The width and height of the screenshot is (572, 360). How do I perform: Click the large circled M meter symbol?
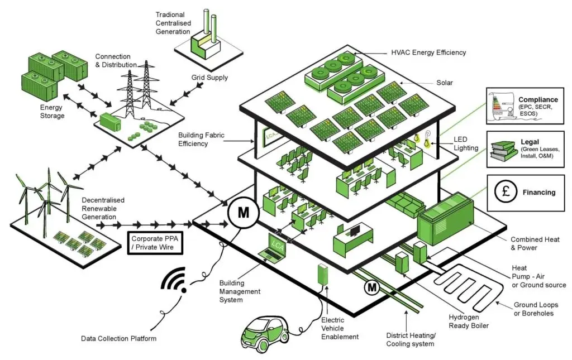pyautogui.click(x=242, y=213)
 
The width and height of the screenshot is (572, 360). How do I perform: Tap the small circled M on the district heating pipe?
pyautogui.click(x=372, y=288)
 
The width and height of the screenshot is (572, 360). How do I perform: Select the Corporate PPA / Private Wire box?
pyautogui.click(x=155, y=242)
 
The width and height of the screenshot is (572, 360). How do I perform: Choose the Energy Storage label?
pyautogui.click(x=52, y=112)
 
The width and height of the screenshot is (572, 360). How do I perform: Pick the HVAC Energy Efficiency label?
pyautogui.click(x=428, y=52)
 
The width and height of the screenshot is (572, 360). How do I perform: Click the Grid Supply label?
pyautogui.click(x=209, y=78)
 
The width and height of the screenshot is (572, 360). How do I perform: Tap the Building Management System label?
pyautogui.click(x=240, y=291)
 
